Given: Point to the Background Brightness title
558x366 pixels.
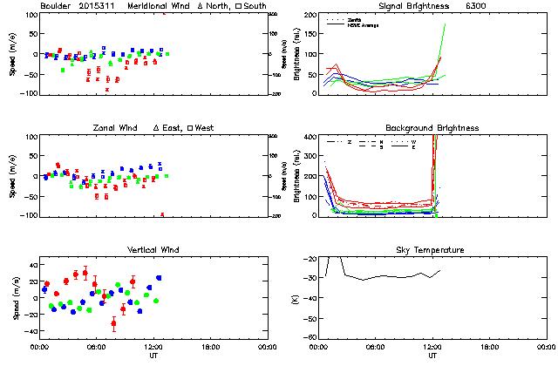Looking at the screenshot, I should (432, 128).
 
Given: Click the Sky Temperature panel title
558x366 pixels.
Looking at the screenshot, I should (432, 250).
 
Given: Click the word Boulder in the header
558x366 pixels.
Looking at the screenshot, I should (57, 7).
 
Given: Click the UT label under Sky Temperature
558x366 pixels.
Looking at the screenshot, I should (432, 356).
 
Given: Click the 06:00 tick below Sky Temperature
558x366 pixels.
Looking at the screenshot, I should (376, 347).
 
